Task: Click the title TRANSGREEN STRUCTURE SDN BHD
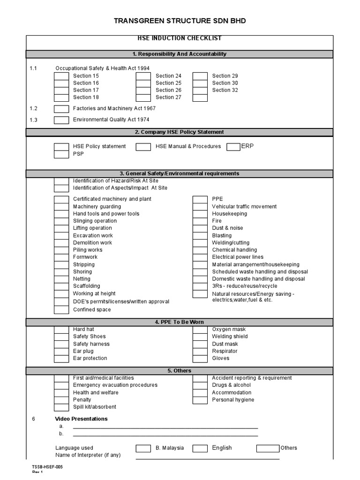pos(180,21)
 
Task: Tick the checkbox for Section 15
pos(61,76)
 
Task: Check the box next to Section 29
pos(200,76)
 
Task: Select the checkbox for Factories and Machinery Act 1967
pos(61,109)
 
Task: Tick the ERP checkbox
pos(233,147)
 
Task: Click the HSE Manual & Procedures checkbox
pos(143,147)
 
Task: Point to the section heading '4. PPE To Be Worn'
pos(180,322)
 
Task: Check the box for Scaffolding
pos(61,286)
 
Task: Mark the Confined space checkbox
pos(61,310)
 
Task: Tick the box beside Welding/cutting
pos(200,243)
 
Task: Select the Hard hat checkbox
pos(61,330)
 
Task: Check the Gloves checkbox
pos(200,359)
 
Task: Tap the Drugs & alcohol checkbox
pos(200,385)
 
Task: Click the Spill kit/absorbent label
pos(95,407)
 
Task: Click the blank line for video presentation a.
pos(165,427)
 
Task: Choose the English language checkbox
pos(200,448)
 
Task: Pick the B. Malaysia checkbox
pos(143,448)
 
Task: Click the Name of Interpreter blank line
pos(208,458)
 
